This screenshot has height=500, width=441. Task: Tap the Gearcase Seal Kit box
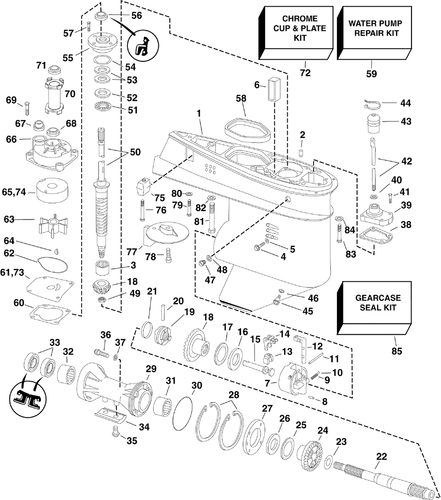[x=376, y=305]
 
